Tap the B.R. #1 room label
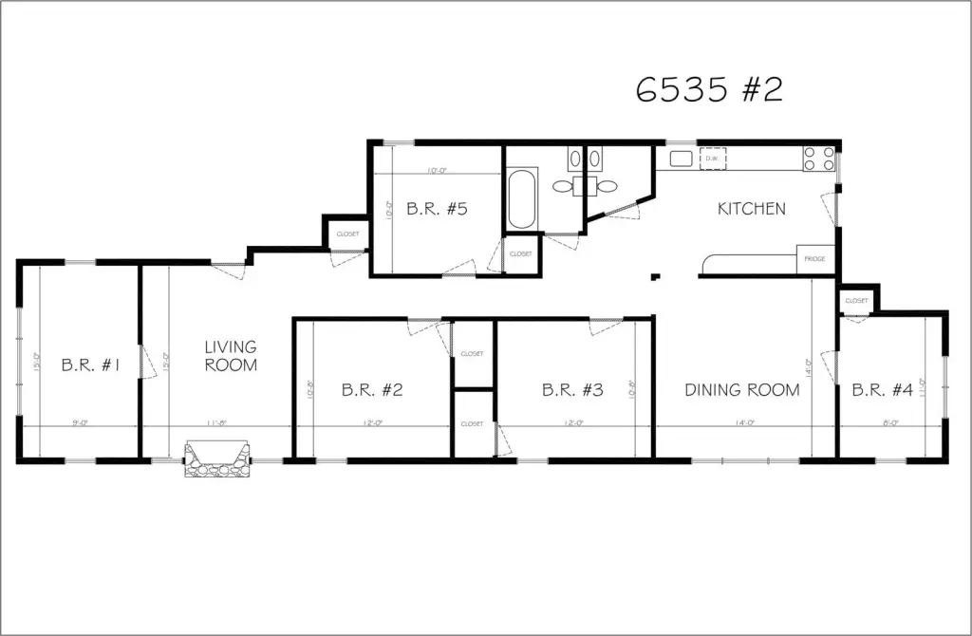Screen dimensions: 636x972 click(90, 365)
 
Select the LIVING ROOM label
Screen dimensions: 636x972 click(230, 356)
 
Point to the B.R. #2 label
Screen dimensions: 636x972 click(373, 389)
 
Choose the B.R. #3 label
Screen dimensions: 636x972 click(572, 389)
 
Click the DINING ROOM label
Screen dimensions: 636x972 click(742, 389)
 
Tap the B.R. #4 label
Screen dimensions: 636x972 click(882, 389)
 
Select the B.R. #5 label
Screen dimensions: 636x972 click(437, 209)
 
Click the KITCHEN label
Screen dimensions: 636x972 click(751, 209)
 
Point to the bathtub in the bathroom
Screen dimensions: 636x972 click(522, 199)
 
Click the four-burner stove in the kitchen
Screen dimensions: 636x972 click(819, 159)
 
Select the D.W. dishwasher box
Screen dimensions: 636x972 click(713, 159)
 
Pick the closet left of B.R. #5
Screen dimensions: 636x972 click(346, 234)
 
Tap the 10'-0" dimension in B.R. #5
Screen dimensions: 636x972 click(436, 171)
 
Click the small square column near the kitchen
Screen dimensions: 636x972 click(654, 277)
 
